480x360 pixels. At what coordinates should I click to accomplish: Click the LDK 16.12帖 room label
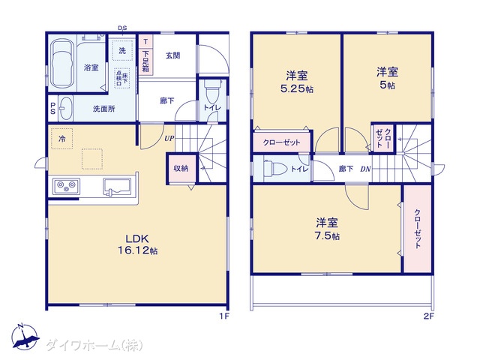pyautogui.click(x=136, y=244)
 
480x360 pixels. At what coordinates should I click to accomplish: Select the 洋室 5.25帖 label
pyautogui.click(x=296, y=81)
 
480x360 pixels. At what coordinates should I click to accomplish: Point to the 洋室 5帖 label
pyautogui.click(x=387, y=78)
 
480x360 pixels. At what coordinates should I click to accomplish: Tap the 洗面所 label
pyautogui.click(x=103, y=109)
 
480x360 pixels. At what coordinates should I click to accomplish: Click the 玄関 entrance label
pyautogui.click(x=172, y=55)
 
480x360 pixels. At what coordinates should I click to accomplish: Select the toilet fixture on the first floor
pyautogui.click(x=210, y=94)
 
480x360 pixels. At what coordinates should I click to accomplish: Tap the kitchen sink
pyautogui.click(x=117, y=187)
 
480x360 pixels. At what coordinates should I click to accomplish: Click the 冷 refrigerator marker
pyautogui.click(x=62, y=139)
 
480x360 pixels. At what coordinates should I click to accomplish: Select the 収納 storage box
pyautogui.click(x=181, y=168)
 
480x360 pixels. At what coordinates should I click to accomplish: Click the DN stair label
pyautogui.click(x=365, y=169)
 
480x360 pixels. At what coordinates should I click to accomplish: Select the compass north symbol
pyautogui.click(x=23, y=339)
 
